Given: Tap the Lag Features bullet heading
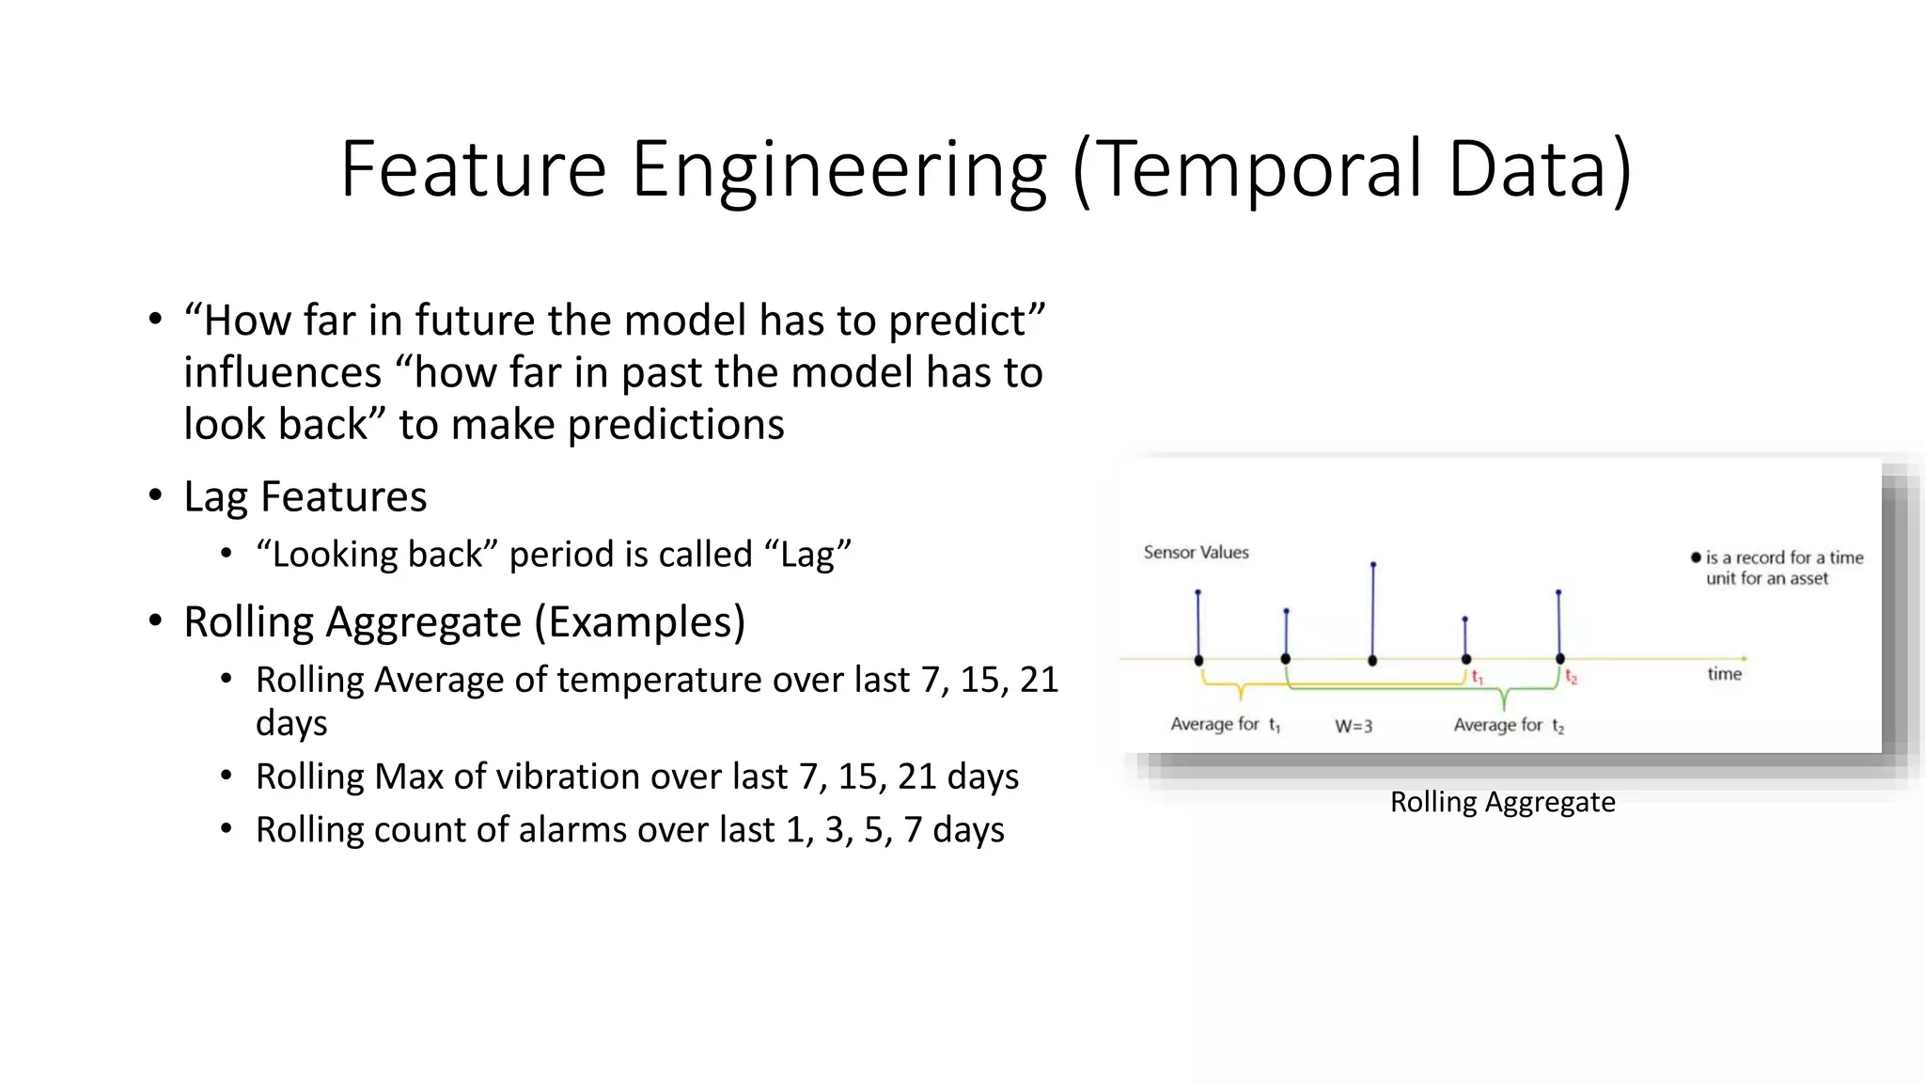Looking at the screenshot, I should (305, 496).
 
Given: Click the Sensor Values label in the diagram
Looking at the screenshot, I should (1196, 553).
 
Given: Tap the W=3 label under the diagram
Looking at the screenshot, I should (1354, 727).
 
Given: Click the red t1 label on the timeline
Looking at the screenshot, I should (1477, 677).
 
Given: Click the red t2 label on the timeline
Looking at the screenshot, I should (1571, 677).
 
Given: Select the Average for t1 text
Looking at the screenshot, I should (1225, 725).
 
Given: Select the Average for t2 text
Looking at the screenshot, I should (1508, 726).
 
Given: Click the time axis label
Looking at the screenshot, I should (1724, 674).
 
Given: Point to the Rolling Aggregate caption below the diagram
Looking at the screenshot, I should (1502, 802).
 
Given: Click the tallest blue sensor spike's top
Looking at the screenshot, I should (1373, 565).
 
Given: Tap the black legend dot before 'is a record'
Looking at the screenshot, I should (1696, 557).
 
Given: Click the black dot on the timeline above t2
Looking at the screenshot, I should (1560, 659).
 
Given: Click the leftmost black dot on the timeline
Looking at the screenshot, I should (1198, 660).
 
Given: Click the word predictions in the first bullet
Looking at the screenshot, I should (676, 425).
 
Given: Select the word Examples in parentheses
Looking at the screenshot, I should (640, 622).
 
